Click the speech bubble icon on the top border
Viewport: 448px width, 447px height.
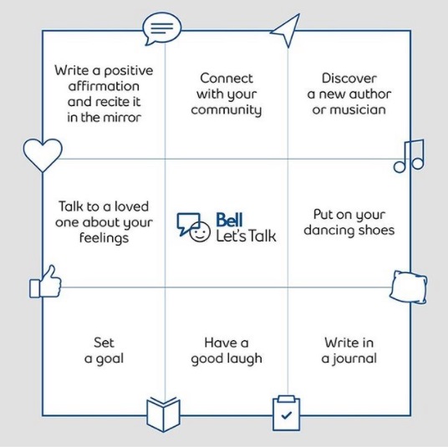161,28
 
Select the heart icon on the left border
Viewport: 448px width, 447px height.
43,155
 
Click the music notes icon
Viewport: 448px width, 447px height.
409,156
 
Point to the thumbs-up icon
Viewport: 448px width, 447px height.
46,282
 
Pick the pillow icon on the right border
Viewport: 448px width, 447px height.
409,287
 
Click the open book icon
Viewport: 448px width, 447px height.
164,414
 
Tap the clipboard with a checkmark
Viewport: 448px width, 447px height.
287,413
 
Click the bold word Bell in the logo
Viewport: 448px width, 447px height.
229,221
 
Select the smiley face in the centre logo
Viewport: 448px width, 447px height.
200,231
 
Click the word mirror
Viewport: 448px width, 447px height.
122,118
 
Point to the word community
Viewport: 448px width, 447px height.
226,110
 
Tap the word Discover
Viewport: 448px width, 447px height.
349,79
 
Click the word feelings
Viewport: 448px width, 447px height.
104,238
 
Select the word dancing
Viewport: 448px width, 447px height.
325,231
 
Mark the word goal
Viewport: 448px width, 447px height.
109,359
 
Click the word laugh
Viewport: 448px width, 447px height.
245,358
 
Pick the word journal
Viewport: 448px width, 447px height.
355,358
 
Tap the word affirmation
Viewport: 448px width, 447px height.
104,86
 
